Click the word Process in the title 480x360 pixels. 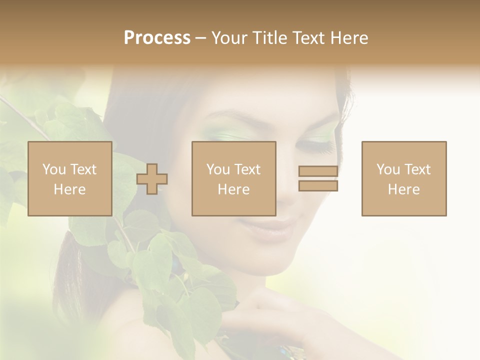coord(157,38)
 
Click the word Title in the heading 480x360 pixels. coord(270,38)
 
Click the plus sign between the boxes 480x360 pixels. coord(152,178)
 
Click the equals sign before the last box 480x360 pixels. coord(318,178)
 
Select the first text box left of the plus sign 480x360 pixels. coord(70,178)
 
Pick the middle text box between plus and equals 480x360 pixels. coord(234,178)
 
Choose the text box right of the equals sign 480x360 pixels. coord(404,178)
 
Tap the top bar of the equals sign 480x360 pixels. coord(318,171)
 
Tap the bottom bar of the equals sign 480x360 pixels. coord(318,185)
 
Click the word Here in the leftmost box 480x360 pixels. coord(70,189)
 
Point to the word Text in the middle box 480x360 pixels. coord(247,169)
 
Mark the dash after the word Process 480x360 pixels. coord(201,38)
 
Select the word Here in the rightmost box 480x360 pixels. coord(404,189)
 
